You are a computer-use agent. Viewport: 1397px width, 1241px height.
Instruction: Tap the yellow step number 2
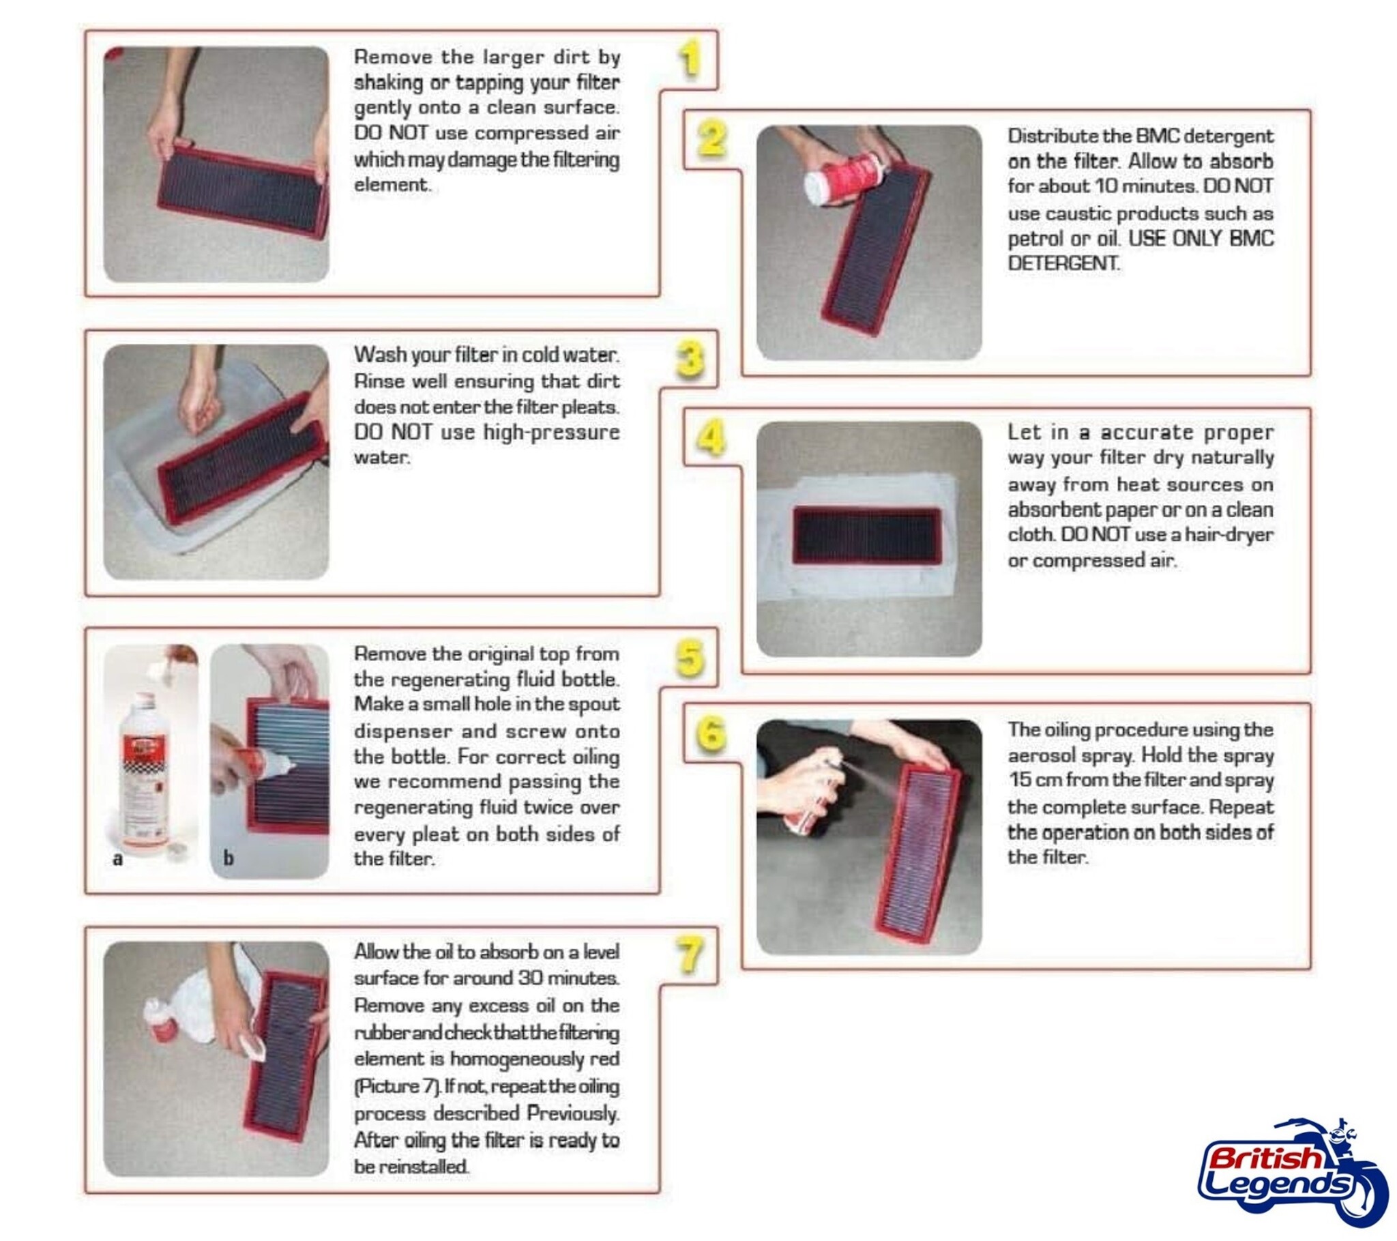coord(712,138)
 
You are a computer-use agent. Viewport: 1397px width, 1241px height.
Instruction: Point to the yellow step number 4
coord(711,437)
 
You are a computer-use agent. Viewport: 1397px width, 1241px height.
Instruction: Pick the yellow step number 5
coord(690,658)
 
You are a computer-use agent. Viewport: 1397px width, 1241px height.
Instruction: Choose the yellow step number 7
coord(690,955)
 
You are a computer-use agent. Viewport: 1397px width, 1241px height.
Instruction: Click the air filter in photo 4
coord(867,536)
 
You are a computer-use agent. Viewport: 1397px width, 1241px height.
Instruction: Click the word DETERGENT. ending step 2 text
coord(1063,263)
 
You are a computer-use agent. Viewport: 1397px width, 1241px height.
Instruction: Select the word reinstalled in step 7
coord(424,1167)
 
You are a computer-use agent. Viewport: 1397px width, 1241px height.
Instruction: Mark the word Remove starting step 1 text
coord(393,57)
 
